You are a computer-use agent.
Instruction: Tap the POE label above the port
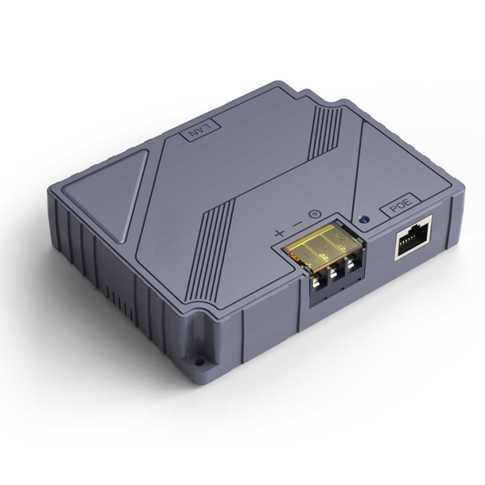point(401,207)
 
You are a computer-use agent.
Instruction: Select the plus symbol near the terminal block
point(279,233)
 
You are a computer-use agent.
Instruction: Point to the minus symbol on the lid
point(296,225)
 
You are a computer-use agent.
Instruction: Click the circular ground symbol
point(313,216)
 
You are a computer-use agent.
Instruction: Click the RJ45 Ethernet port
point(412,243)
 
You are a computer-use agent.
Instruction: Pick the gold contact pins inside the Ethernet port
point(413,236)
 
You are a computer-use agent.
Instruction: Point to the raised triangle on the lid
point(101,183)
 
